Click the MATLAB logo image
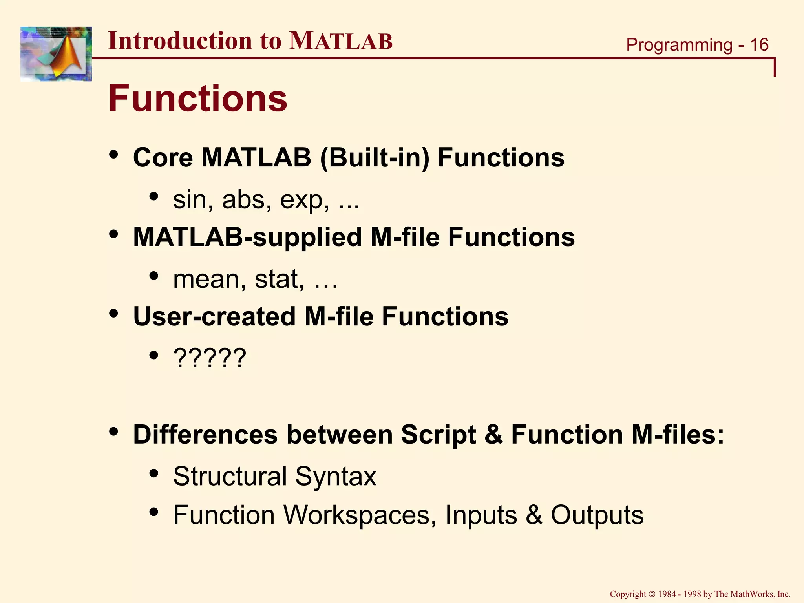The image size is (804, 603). pyautogui.click(x=56, y=54)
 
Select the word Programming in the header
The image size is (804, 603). pyautogui.click(x=679, y=45)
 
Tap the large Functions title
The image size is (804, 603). pyautogui.click(x=197, y=99)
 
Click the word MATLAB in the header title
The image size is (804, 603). pyautogui.click(x=340, y=41)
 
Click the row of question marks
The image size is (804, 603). pyautogui.click(x=210, y=358)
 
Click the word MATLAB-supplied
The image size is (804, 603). pyautogui.click(x=247, y=238)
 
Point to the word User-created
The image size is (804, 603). pyautogui.click(x=214, y=317)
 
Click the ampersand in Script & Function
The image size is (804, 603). pyautogui.click(x=493, y=435)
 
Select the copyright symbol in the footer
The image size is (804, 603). pyautogui.click(x=652, y=594)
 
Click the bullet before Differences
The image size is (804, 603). pyautogui.click(x=113, y=432)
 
